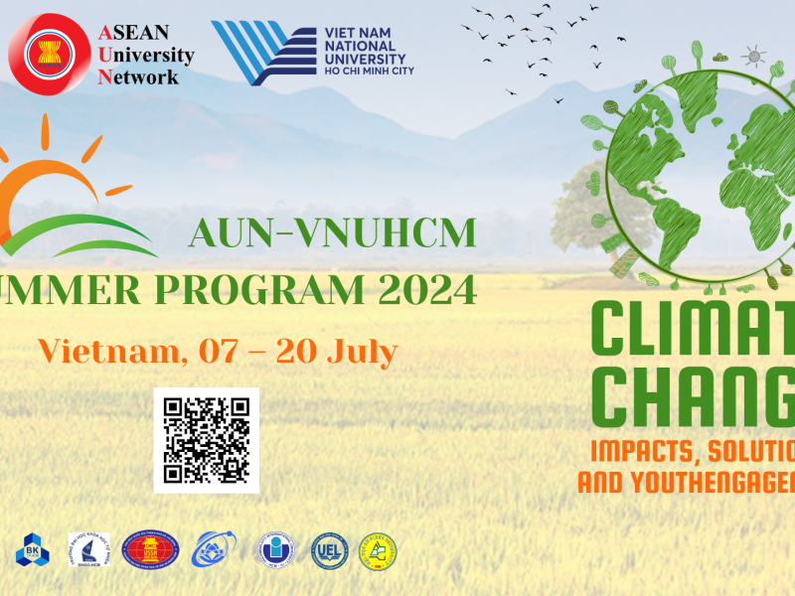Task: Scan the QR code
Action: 207,439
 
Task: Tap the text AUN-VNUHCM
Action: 332,233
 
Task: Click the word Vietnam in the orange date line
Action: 109,351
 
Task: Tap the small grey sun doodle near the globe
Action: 754,56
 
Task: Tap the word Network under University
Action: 138,76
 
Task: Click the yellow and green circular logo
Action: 377,551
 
